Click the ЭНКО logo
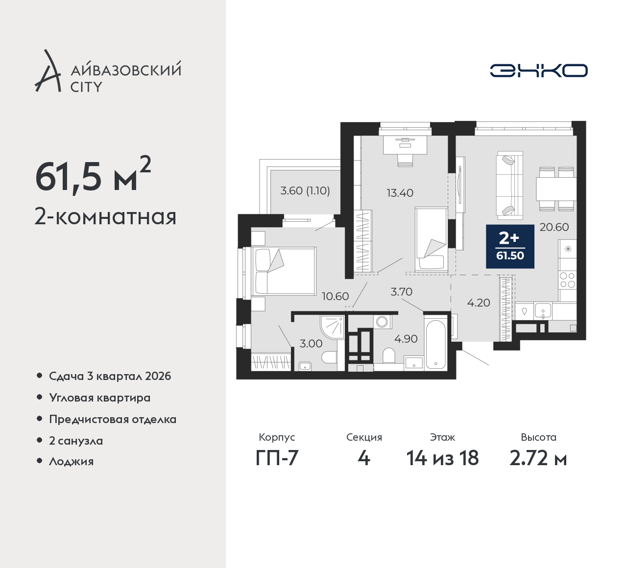(x=538, y=71)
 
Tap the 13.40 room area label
(x=400, y=193)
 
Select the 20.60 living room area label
(x=554, y=227)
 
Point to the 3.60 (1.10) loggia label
(x=305, y=190)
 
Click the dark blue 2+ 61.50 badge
(x=510, y=246)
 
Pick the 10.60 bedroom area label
(x=336, y=296)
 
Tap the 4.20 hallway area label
(x=479, y=303)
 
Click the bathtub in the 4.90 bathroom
(x=435, y=344)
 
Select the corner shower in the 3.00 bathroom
(x=332, y=327)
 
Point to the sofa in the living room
(x=509, y=185)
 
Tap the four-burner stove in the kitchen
(x=567, y=280)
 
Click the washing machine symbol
(x=382, y=322)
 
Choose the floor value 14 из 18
(x=443, y=458)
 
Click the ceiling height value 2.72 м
(x=538, y=458)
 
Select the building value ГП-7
(x=277, y=458)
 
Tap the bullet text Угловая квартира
(x=100, y=398)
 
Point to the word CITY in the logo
(x=86, y=87)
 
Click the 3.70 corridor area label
(x=402, y=292)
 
